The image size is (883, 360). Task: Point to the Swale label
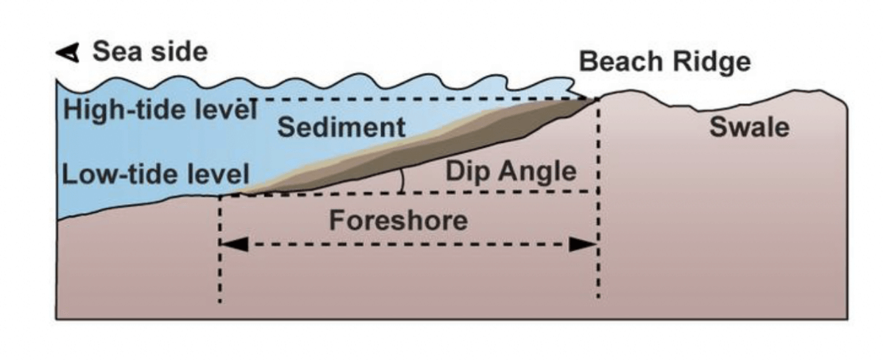pyautogui.click(x=749, y=127)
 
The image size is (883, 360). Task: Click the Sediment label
pyautogui.click(x=341, y=127)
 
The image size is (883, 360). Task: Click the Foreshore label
pyautogui.click(x=398, y=219)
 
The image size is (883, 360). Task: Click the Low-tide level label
pyautogui.click(x=156, y=175)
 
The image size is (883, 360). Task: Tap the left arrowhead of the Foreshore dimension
pyautogui.click(x=235, y=244)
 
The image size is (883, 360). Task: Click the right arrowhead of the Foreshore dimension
pyautogui.click(x=583, y=244)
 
